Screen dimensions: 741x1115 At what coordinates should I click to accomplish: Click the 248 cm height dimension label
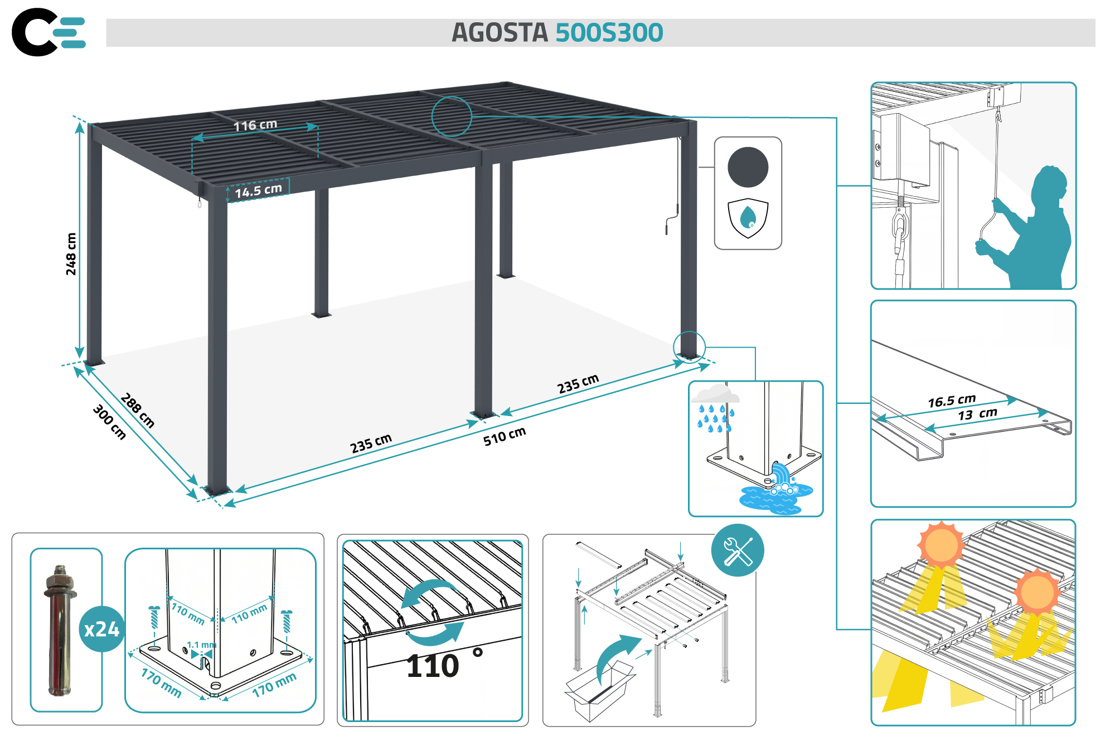71,253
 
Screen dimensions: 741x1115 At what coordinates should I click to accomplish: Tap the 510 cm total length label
504,436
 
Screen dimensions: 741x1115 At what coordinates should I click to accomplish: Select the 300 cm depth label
109,422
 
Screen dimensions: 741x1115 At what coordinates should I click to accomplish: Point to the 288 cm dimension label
137,410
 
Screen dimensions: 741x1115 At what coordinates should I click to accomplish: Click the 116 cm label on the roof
255,125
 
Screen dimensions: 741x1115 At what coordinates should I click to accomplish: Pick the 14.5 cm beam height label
258,191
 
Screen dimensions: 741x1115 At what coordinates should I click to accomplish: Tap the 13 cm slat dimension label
977,414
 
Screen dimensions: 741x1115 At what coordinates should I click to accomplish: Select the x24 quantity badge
101,629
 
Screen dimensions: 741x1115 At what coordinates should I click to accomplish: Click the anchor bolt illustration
60,630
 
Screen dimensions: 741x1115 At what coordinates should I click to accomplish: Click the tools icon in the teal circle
737,550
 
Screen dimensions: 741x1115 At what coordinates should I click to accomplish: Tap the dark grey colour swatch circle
748,167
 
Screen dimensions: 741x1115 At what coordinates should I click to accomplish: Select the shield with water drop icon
748,217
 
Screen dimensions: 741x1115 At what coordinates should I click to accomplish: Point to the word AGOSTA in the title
500,33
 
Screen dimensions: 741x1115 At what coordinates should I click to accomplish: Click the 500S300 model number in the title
609,33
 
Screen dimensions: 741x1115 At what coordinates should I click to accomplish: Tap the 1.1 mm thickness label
201,645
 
